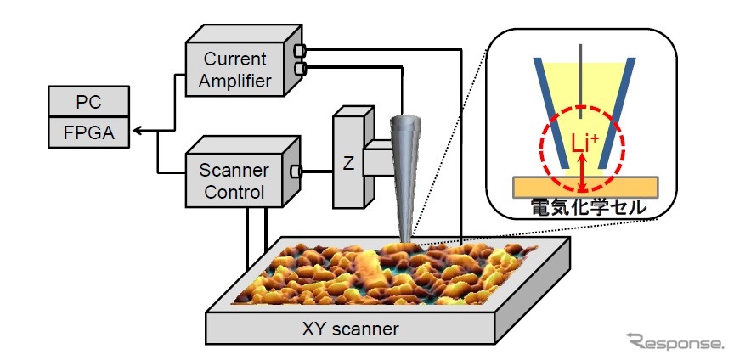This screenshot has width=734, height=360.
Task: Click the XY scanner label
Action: click(x=353, y=327)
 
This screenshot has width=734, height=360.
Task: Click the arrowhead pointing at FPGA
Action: click(x=139, y=132)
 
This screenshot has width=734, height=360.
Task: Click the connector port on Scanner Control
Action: click(x=296, y=172)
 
